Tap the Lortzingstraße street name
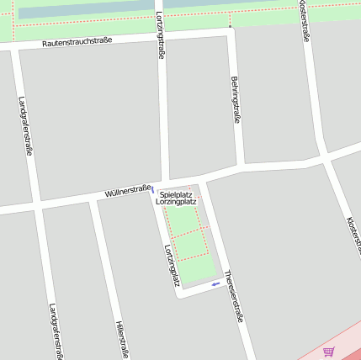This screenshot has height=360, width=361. (161, 34)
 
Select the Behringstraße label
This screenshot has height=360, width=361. (236, 100)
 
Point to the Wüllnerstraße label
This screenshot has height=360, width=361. (127, 191)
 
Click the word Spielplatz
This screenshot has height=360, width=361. (176, 194)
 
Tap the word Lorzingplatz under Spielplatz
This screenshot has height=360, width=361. (176, 202)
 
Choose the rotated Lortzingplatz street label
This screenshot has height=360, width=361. (172, 264)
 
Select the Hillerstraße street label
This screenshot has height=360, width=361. (122, 339)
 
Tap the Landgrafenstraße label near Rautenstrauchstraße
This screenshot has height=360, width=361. (25, 126)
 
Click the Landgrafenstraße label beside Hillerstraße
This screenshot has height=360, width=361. (56, 331)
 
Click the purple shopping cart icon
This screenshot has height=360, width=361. (328, 352)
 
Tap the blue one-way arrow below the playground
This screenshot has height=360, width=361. (216, 284)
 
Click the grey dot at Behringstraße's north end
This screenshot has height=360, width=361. (230, 26)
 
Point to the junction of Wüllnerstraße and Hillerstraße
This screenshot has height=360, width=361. (95, 199)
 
